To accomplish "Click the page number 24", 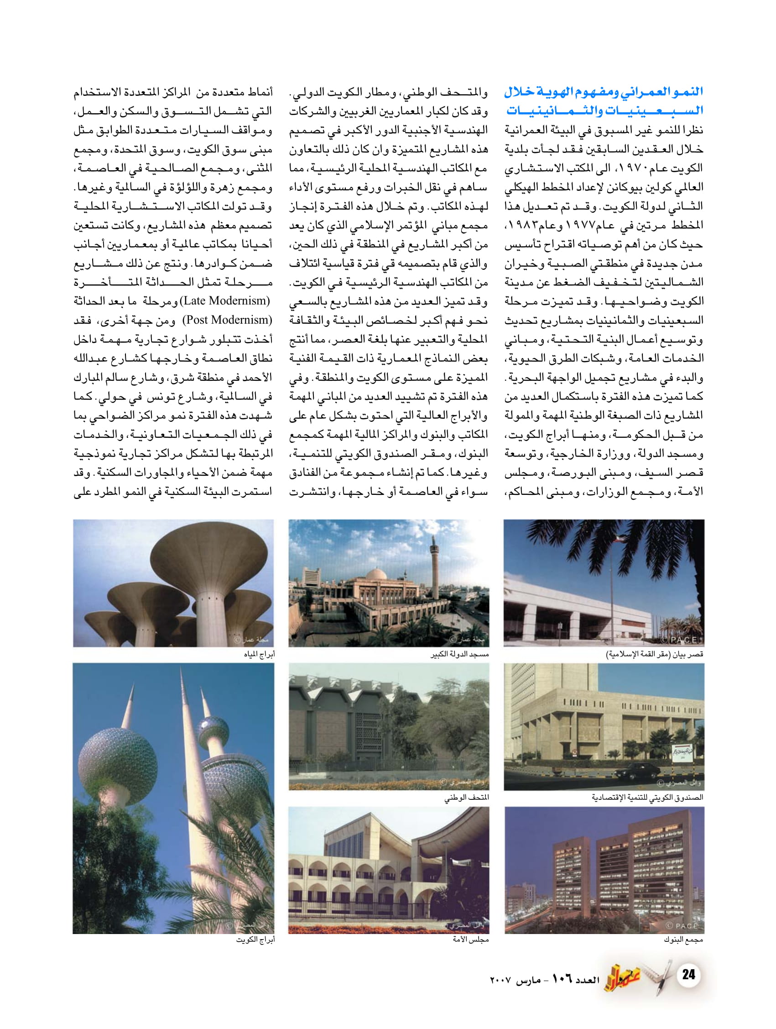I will click(688, 974).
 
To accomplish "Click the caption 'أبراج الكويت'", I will click(255, 940).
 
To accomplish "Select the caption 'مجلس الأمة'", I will click(470, 940).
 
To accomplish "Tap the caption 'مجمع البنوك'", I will click(683, 940).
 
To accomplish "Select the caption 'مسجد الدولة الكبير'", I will click(459, 655).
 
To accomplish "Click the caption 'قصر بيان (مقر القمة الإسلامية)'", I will click(655, 655).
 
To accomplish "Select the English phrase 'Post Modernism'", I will click(227, 320).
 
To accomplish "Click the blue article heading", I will click(604, 101).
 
